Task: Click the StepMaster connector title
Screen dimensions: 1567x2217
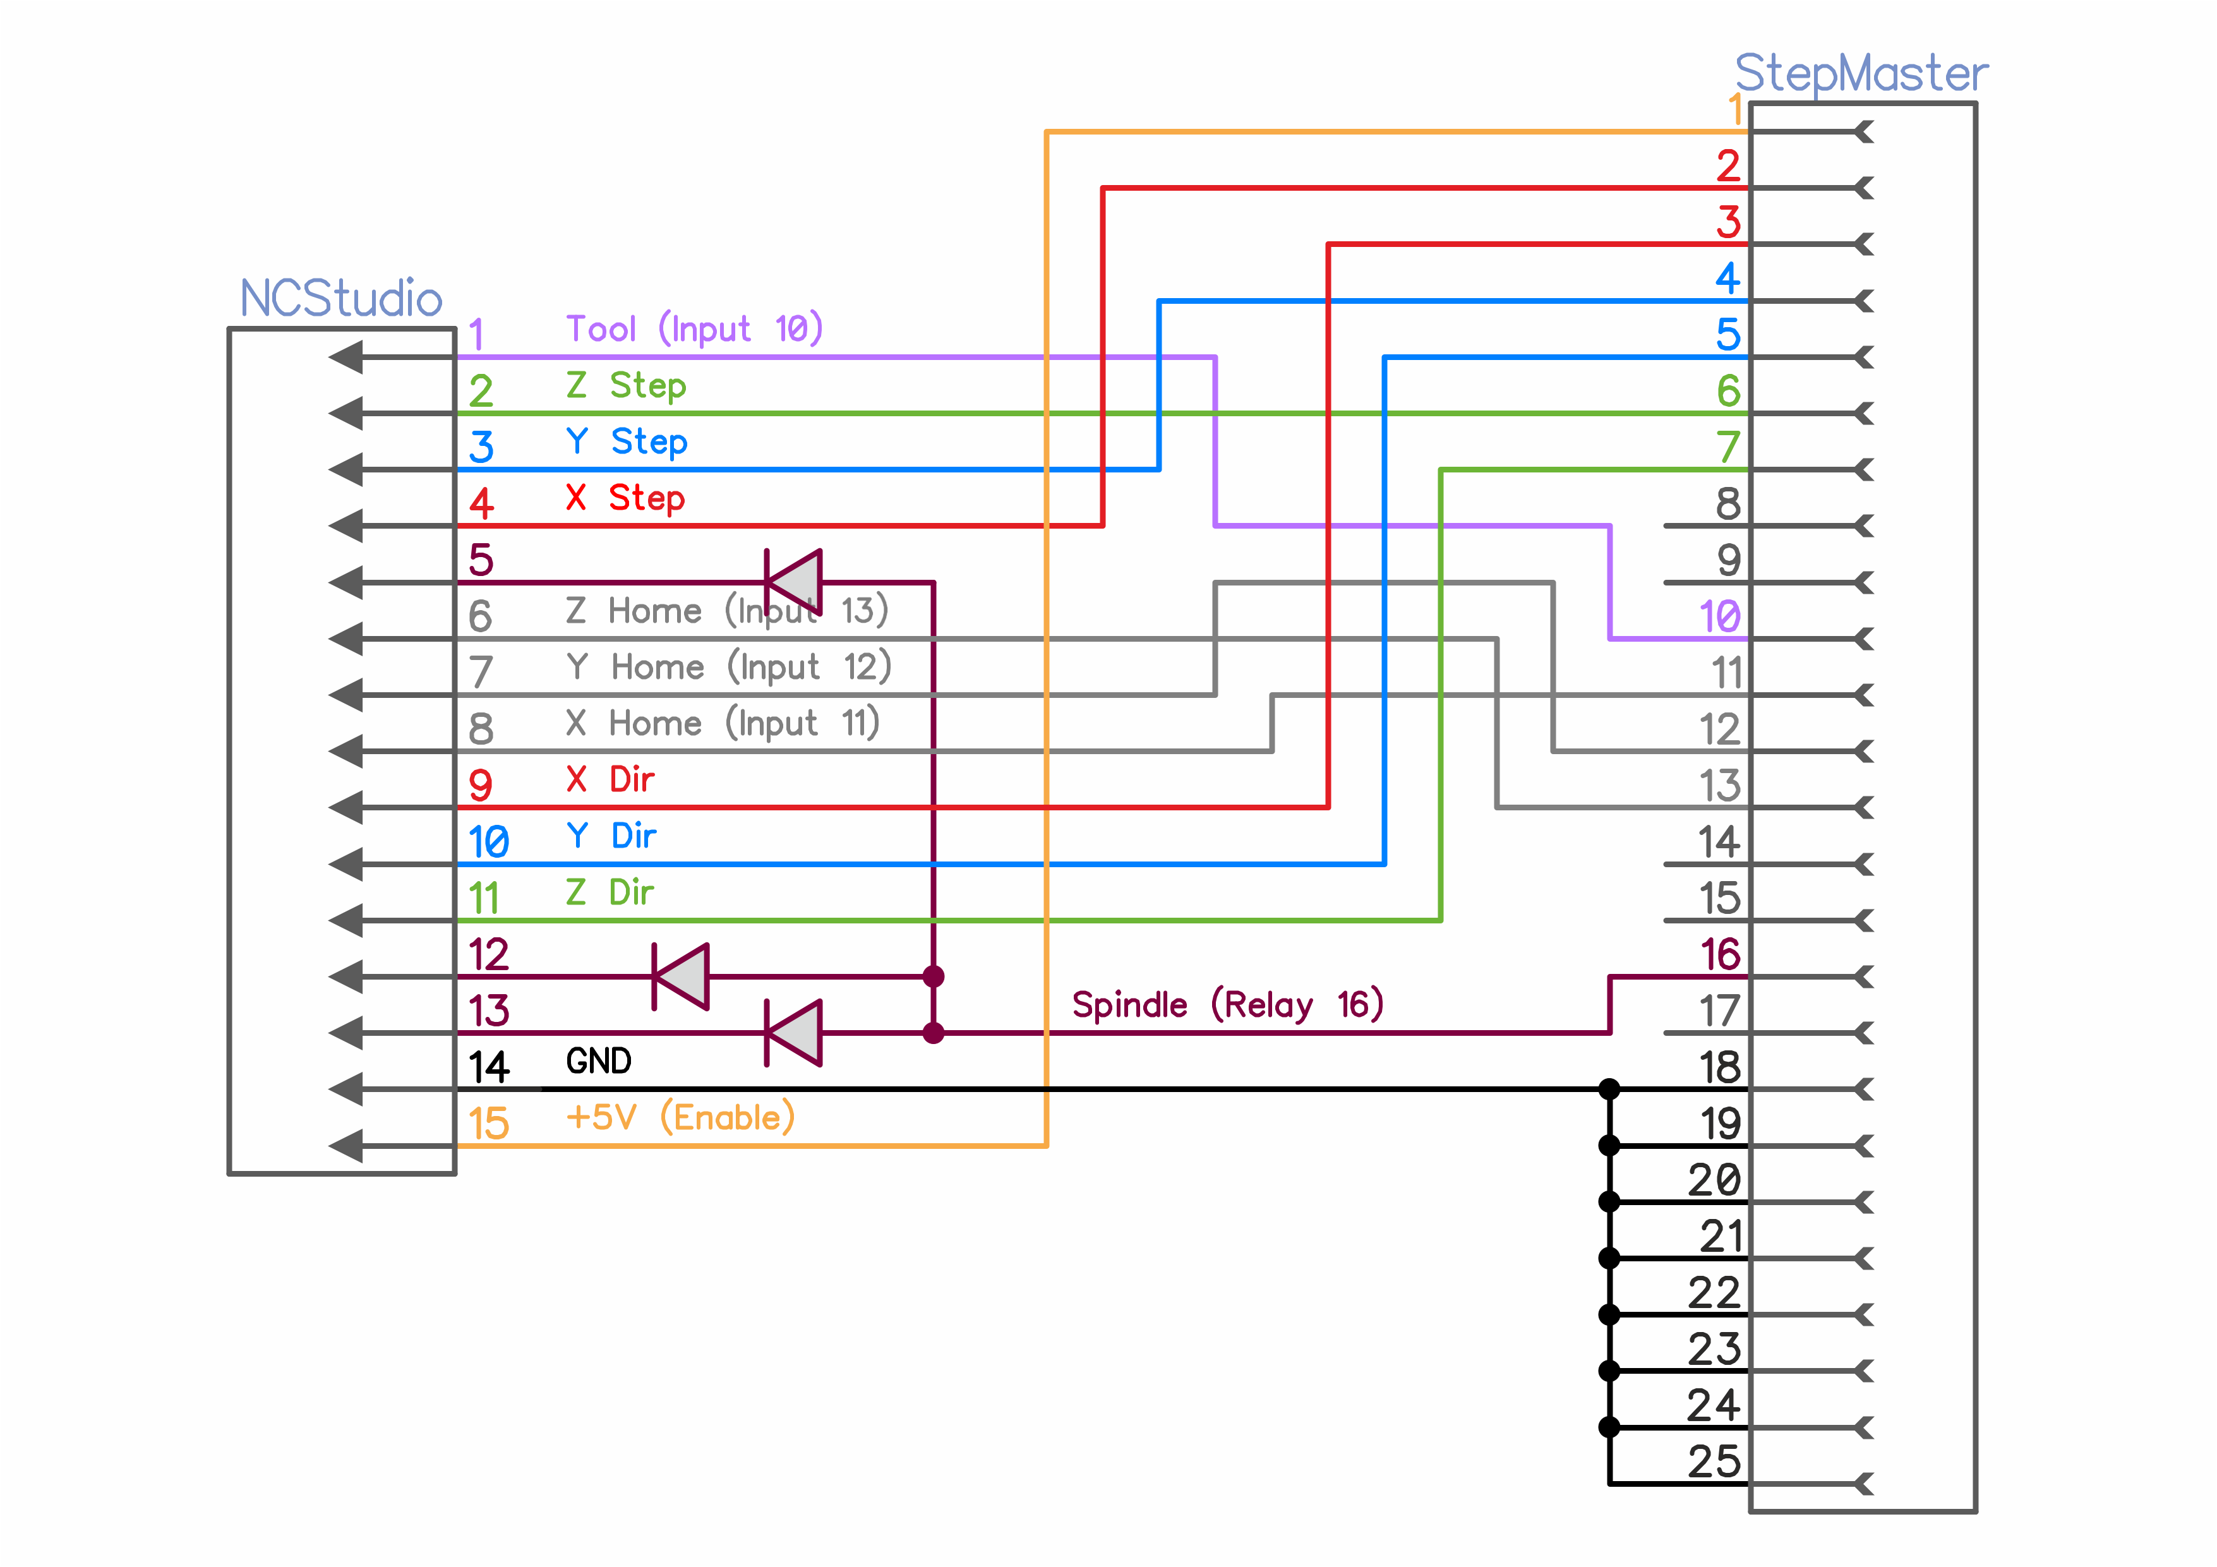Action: (1861, 73)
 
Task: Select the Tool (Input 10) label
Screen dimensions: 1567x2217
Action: (694, 329)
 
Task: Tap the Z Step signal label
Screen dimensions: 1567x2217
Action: (626, 385)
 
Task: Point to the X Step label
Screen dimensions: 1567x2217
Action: (625, 498)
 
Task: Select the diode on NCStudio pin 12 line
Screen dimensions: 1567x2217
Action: (682, 976)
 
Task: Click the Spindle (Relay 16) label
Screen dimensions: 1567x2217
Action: (1227, 1005)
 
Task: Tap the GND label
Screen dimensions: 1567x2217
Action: (599, 1061)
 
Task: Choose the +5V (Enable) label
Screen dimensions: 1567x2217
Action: (680, 1118)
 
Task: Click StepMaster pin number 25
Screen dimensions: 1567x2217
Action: (1714, 1462)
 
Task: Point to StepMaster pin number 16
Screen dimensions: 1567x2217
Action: (1720, 955)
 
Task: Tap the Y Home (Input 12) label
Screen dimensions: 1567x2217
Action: (728, 667)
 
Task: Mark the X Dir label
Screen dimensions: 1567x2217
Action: (610, 780)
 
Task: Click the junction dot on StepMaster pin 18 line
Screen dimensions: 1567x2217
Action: (1609, 1089)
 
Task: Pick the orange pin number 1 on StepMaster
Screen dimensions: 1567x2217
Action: (1735, 109)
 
